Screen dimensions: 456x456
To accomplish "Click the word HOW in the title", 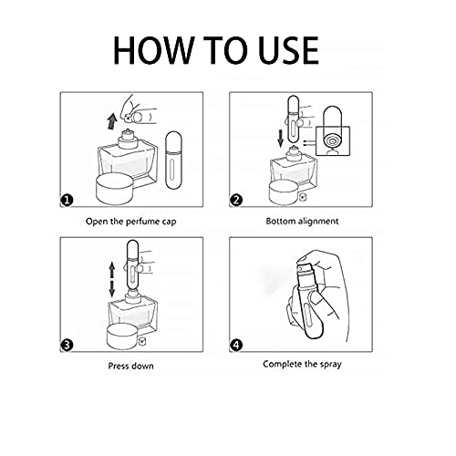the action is click(x=153, y=50).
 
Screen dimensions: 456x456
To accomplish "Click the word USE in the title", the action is click(x=288, y=50).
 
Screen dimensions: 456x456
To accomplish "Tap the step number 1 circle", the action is click(x=67, y=200).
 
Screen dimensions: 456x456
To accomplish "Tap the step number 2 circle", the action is click(x=236, y=200).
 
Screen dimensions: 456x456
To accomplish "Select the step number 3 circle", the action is click(x=67, y=345).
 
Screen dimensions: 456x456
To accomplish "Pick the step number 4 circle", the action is click(x=236, y=345).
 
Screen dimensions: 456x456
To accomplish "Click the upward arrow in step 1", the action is click(x=112, y=121).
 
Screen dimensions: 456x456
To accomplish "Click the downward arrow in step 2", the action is click(x=281, y=140).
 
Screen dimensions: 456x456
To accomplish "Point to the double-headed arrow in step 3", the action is click(x=112, y=280).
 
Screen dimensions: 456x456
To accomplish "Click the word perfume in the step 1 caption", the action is click(x=142, y=222).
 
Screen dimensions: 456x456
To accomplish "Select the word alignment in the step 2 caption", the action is click(x=318, y=221).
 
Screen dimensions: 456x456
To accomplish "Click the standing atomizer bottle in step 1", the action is click(x=173, y=161).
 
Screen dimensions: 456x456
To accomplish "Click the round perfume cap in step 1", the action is click(x=115, y=189).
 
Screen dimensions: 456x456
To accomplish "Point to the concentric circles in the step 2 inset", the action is click(x=333, y=140).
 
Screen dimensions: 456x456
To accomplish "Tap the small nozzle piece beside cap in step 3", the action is click(x=141, y=341).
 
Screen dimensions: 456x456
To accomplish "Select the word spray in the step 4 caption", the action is click(x=331, y=365).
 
